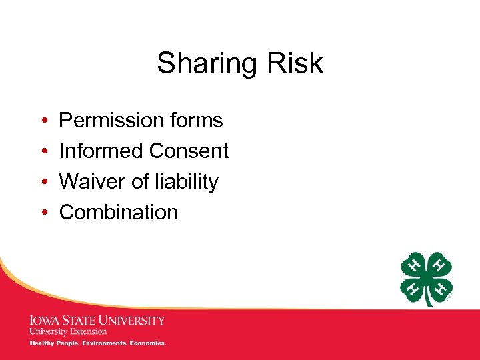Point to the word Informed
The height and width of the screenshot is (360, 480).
click(100, 151)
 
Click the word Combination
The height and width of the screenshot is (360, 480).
click(119, 213)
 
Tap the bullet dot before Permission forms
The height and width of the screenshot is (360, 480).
click(43, 121)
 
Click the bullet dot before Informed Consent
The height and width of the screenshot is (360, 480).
click(43, 152)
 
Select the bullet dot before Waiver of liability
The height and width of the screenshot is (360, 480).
click(43, 183)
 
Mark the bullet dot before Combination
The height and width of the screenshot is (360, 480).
click(43, 213)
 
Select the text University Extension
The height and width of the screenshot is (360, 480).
click(67, 331)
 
